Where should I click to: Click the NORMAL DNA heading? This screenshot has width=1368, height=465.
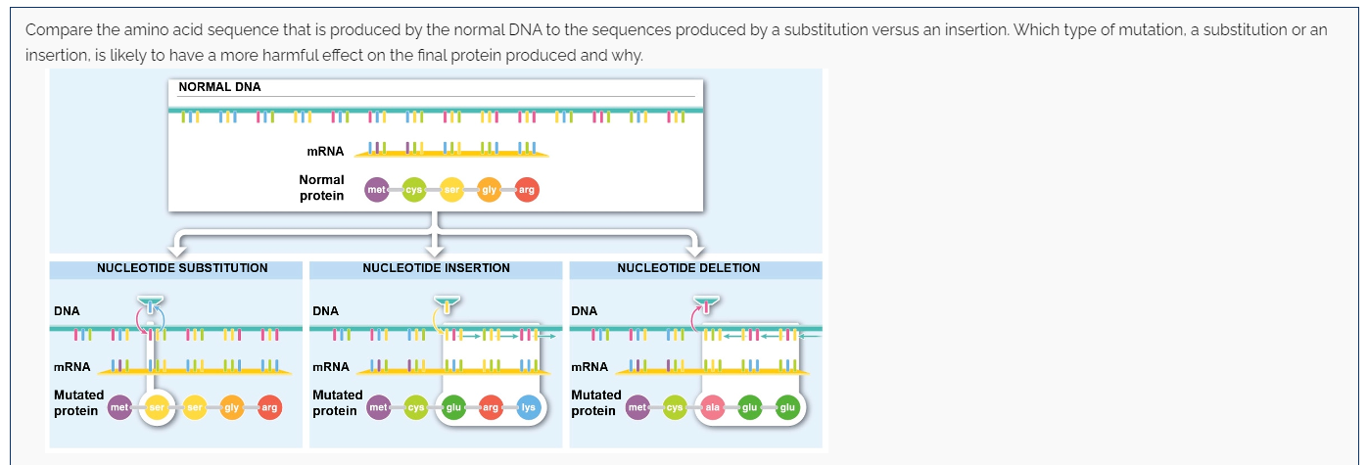219,87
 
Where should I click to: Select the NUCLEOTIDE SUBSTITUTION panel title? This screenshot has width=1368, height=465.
182,268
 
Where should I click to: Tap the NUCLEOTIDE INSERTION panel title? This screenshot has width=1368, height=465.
436,268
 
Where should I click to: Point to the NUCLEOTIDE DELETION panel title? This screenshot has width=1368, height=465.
688,268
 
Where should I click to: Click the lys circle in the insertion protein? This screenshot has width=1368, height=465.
528,406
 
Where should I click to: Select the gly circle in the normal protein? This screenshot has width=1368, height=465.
489,190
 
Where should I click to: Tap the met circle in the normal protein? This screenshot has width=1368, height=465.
376,190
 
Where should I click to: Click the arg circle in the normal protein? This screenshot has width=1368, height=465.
526,190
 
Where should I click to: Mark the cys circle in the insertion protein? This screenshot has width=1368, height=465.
415,406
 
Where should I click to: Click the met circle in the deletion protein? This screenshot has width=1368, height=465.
637,406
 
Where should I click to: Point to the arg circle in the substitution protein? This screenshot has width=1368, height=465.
269,406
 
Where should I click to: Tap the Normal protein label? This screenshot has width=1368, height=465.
321,188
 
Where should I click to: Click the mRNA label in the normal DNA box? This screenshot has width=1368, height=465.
325,152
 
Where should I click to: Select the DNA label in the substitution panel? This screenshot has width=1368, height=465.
67,311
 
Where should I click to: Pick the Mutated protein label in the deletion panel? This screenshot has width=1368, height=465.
595,402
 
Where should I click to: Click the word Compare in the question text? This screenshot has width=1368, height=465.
55,29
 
